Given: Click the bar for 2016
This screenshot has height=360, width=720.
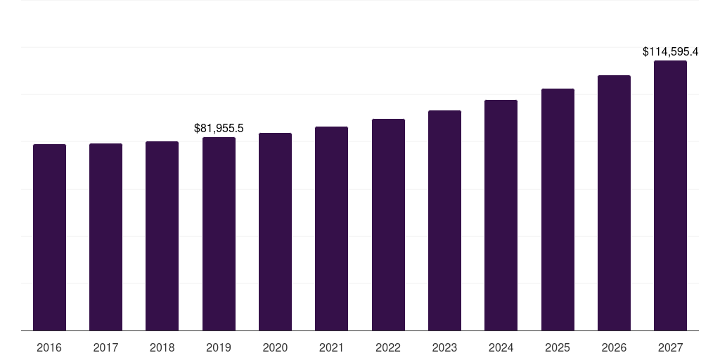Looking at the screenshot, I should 49,237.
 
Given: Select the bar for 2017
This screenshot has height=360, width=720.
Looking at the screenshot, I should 105,237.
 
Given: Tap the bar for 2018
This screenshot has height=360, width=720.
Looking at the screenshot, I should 162,236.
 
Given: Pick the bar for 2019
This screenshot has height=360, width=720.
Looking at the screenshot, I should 219,233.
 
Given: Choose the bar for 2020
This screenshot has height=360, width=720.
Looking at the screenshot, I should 275,231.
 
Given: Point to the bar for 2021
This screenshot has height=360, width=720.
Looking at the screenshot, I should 331,229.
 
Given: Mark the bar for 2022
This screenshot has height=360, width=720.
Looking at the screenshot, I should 388,224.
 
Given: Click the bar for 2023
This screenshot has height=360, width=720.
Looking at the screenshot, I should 444,220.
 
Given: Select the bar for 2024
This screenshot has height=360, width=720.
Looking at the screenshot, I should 501,215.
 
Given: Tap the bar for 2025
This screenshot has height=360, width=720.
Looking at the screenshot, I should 558,210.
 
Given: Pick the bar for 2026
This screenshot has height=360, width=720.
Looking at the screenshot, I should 614,202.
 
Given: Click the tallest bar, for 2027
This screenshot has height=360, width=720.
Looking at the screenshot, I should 670,195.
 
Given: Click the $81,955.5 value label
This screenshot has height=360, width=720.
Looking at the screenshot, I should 219,128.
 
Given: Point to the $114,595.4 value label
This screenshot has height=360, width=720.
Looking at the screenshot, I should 670,51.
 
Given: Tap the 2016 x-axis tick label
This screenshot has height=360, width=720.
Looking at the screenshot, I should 49,347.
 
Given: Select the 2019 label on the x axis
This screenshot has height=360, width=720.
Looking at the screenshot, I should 219,347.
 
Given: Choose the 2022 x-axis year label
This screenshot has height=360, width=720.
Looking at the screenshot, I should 388,347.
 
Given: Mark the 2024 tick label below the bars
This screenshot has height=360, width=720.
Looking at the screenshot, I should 501,347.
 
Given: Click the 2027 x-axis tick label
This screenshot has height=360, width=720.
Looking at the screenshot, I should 670,347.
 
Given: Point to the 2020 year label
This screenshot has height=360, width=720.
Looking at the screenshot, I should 275,347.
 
